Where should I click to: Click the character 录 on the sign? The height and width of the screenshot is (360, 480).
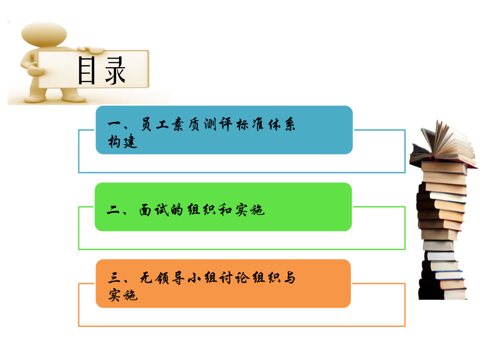coord(115,70)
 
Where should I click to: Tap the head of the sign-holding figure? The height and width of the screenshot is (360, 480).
coord(44,34)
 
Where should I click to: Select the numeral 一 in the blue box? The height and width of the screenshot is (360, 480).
coord(115,124)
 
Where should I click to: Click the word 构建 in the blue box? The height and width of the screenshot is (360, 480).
coord(123,141)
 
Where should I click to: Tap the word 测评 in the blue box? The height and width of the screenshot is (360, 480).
coord(218,124)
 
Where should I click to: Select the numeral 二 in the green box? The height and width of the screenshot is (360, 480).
coord(114,210)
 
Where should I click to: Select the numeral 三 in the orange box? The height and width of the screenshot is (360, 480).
coord(115,277)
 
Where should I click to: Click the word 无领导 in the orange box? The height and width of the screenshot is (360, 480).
coord(162,278)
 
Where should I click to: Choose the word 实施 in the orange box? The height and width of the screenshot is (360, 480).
coord(123,295)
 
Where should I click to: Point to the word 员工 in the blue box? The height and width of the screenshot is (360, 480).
coord(154,124)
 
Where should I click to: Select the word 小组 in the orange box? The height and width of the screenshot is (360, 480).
coord(202,278)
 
